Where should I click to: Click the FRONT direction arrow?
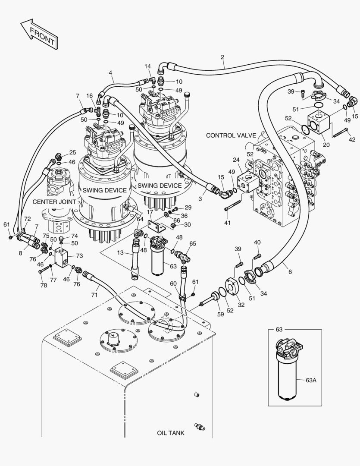[39, 34]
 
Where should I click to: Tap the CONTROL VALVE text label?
[231, 135]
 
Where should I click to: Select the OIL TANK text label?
[170, 433]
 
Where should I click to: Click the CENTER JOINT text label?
[54, 202]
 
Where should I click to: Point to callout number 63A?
[311, 380]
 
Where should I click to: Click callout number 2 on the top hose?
[222, 57]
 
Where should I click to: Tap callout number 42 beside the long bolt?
[352, 139]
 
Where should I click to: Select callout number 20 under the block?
[326, 145]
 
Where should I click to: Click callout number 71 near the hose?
[94, 295]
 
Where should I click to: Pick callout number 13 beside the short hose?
[120, 252]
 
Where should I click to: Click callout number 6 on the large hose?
[290, 271]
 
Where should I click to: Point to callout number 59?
[220, 314]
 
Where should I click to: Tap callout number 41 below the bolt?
[227, 223]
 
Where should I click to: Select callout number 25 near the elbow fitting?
[72, 153]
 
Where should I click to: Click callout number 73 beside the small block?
[79, 255]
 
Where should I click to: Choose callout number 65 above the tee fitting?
[192, 243]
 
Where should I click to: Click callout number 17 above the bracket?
[150, 212]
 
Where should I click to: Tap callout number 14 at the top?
[147, 66]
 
